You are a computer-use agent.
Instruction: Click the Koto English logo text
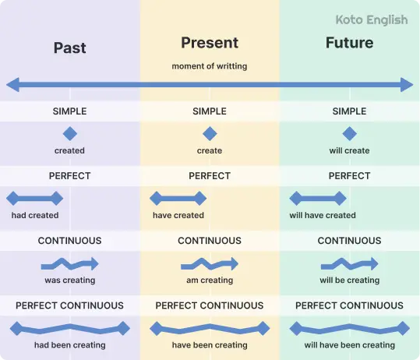pos(371,20)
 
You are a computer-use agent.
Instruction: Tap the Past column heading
pos(69,48)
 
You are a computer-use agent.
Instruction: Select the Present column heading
pos(210,43)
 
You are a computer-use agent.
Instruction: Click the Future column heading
pos(349,43)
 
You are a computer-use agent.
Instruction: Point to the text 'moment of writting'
pos(210,66)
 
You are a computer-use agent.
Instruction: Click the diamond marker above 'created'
pos(69,133)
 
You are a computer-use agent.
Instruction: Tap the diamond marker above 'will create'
pos(349,133)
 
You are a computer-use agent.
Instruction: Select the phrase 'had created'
pos(34,215)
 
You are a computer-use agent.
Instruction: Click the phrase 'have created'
pos(178,215)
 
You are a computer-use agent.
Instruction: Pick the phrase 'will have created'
pos(323,215)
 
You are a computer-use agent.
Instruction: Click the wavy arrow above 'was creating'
pos(69,263)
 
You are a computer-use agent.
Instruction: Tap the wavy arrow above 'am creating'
pos(210,263)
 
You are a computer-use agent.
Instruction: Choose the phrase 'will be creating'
pos(349,280)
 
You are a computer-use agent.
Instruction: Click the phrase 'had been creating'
pos(69,344)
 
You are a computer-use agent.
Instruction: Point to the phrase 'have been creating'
pos(210,344)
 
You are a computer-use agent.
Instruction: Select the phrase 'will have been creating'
pos(349,344)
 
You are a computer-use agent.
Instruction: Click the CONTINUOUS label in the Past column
pos(69,241)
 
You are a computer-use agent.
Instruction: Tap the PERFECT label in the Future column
pos(349,176)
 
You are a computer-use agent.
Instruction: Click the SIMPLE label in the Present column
pos(210,111)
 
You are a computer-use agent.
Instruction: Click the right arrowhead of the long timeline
pos(408,84)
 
